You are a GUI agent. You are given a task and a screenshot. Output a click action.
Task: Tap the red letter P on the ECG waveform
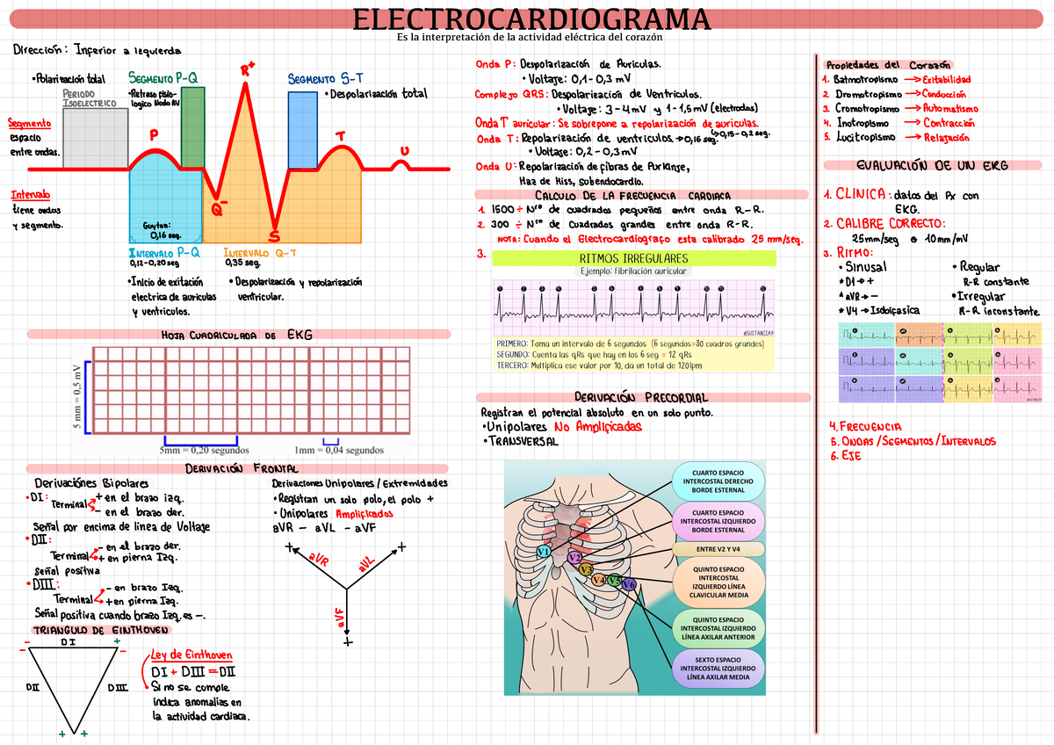[154, 135]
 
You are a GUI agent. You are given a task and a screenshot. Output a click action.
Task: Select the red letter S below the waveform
[274, 237]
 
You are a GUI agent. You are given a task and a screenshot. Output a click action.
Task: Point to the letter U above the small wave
[404, 151]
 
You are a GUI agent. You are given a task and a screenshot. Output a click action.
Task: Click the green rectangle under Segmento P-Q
[192, 125]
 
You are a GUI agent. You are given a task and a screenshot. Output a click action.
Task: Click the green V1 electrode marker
[544, 551]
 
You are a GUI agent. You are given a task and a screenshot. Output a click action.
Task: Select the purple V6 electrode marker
[629, 584]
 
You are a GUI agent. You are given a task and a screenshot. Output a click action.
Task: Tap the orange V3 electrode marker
[586, 569]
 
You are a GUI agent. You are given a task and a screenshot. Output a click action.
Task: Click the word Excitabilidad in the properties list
[946, 79]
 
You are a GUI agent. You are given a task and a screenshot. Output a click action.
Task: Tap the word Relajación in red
[946, 137]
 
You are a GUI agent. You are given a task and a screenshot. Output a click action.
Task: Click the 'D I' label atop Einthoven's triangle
[69, 643]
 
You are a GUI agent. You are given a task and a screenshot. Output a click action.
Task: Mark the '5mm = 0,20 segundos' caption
[205, 451]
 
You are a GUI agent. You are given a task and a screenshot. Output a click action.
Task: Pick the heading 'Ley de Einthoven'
[191, 655]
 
